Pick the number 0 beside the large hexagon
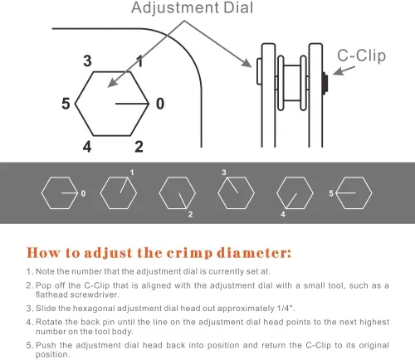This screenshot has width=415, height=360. click(x=159, y=104)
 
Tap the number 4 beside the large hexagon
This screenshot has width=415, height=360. click(x=86, y=147)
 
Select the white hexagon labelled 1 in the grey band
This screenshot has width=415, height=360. click(x=117, y=193)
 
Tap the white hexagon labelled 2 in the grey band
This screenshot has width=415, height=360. click(x=176, y=193)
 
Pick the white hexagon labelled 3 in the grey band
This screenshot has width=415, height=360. click(x=235, y=193)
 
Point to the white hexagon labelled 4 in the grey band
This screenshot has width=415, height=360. click(x=293, y=193)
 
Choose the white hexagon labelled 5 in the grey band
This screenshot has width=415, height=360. click(x=352, y=193)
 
